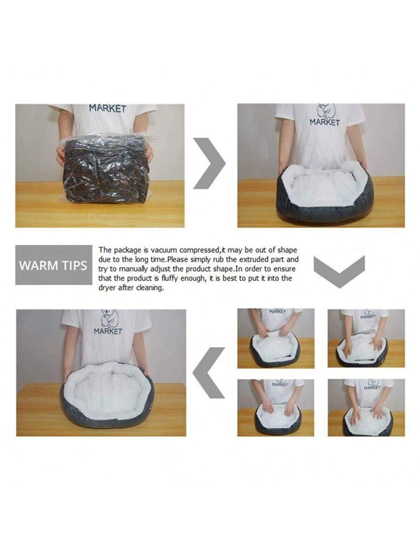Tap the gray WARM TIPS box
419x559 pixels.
tap(54, 265)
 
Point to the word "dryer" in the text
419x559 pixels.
tap(107, 288)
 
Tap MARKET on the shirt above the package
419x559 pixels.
tap(108, 109)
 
